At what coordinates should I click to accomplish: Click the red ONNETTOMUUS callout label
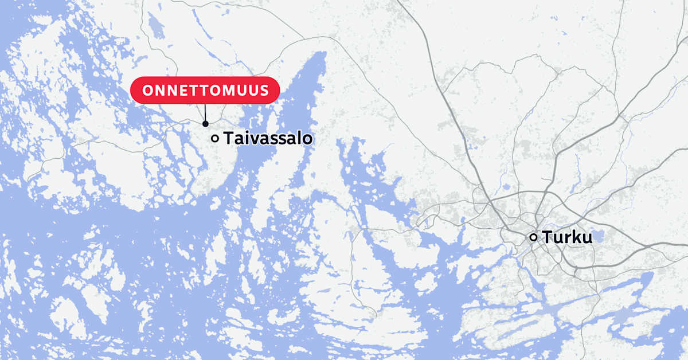[205, 91]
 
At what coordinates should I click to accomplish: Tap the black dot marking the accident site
[205, 124]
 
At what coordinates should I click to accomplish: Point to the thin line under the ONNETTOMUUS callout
[205, 112]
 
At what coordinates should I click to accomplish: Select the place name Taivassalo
[268, 138]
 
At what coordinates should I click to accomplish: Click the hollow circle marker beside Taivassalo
[215, 138]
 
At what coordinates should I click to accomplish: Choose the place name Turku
[567, 237]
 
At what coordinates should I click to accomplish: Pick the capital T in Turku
[548, 237]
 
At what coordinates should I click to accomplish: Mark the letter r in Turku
[567, 238]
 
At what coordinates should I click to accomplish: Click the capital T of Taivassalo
[228, 138]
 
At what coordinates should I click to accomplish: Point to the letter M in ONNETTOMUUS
[229, 91]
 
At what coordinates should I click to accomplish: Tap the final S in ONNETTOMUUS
[264, 91]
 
